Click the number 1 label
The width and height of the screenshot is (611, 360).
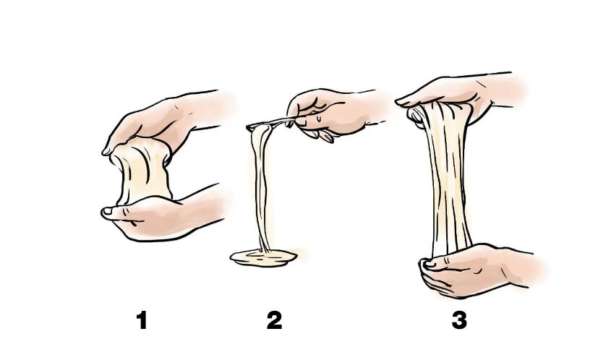pyautogui.click(x=142, y=320)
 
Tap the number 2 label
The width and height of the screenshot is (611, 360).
pyautogui.click(x=274, y=320)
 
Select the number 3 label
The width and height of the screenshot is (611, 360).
pyautogui.click(x=459, y=320)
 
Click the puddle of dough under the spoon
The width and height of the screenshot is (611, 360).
pyautogui.click(x=263, y=258)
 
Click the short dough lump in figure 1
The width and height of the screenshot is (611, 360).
pyautogui.click(x=142, y=171)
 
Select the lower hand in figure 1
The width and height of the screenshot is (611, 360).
pyautogui.click(x=163, y=216)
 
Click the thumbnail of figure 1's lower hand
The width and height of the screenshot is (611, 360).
pyautogui.click(x=107, y=212)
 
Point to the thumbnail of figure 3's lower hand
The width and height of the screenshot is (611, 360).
pyautogui.click(x=429, y=263)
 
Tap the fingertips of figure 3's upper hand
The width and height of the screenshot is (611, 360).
pyautogui.click(x=402, y=103)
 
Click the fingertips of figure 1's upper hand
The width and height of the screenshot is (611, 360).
pyautogui.click(x=107, y=151)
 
